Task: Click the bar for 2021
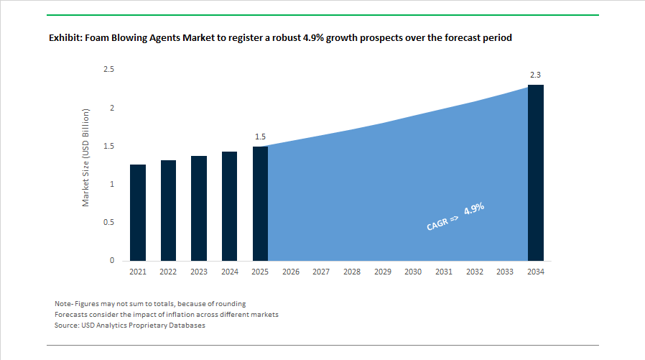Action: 138,213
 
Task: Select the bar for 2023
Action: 199,208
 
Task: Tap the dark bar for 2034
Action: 536,172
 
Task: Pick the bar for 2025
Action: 260,203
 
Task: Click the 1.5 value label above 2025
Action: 260,137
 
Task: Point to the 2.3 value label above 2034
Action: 536,75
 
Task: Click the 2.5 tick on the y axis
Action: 109,70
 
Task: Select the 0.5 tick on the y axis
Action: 109,222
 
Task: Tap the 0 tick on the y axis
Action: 112,260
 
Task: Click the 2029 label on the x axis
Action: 383,272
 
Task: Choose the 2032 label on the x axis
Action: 475,272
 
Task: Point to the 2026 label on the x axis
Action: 291,272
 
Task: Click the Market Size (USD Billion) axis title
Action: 85,158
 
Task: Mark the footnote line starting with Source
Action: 130,326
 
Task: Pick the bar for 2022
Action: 168,211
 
